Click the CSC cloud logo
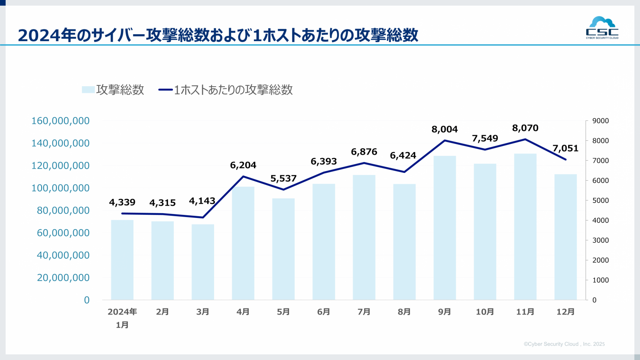[x=602, y=28]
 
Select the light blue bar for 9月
[x=445, y=228]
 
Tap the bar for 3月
[x=203, y=262]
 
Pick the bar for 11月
[x=525, y=227]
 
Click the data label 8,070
[x=525, y=128]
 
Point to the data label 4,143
[x=202, y=201]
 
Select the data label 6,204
[x=243, y=165]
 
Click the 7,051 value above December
[x=565, y=149]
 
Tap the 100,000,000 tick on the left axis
[x=61, y=188]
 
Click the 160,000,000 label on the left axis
[x=61, y=121]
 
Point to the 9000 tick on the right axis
[x=600, y=121]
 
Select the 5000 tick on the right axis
[x=600, y=201]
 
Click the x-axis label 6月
[x=324, y=312]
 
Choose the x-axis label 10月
[x=484, y=312]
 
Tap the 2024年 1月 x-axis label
[x=122, y=318]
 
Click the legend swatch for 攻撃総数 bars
[x=88, y=90]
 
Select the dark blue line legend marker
[x=166, y=90]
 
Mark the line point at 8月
[x=404, y=172]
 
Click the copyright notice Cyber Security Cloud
[x=564, y=344]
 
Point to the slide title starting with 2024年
[x=218, y=35]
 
